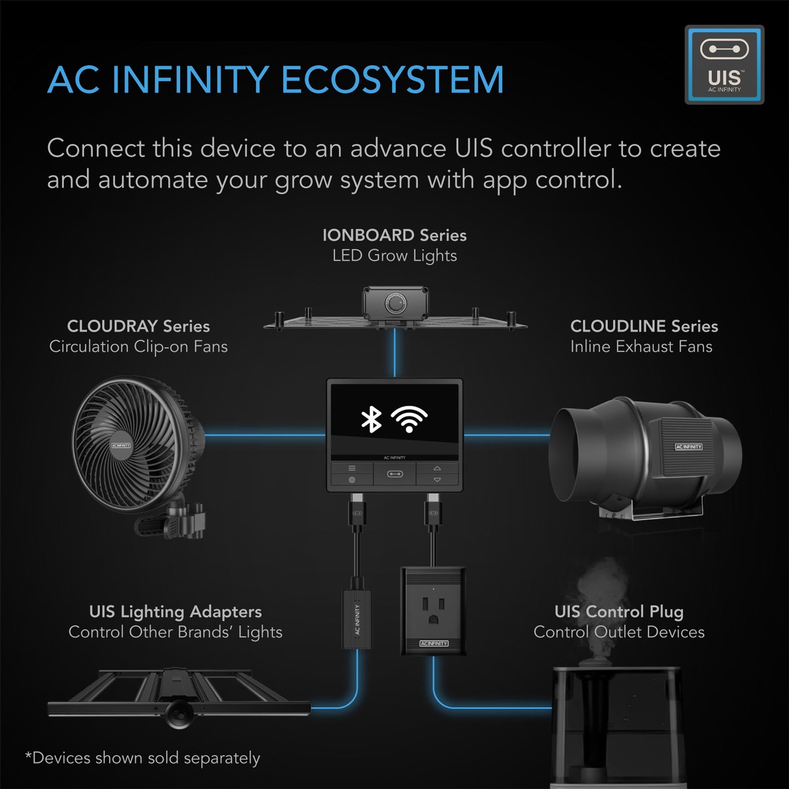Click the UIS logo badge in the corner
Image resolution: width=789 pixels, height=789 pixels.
pos(724,64)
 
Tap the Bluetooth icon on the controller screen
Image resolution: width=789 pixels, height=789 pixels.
pos(371,419)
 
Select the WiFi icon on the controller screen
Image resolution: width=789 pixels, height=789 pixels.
pos(409,419)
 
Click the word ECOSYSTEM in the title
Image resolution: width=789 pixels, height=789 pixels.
pos(392,80)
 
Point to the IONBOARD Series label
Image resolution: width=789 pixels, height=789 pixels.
pos(394,235)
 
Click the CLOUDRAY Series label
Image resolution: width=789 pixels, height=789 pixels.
pos(138,326)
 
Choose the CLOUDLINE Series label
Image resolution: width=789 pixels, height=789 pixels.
pos(644,326)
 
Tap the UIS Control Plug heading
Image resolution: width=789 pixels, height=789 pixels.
pos(619,612)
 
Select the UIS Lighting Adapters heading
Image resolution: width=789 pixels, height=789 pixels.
pos(175,612)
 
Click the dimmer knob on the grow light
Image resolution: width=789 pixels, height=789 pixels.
pos(394,302)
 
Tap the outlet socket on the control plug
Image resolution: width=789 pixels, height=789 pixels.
pos(433,610)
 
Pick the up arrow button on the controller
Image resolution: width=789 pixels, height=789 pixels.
pos(437,468)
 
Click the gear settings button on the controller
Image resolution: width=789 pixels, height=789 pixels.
pos(352,480)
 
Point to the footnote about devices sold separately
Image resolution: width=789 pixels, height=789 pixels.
pos(143,758)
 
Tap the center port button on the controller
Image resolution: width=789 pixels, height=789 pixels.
pos(395,474)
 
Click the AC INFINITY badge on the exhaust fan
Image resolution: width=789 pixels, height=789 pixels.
pos(689,447)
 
